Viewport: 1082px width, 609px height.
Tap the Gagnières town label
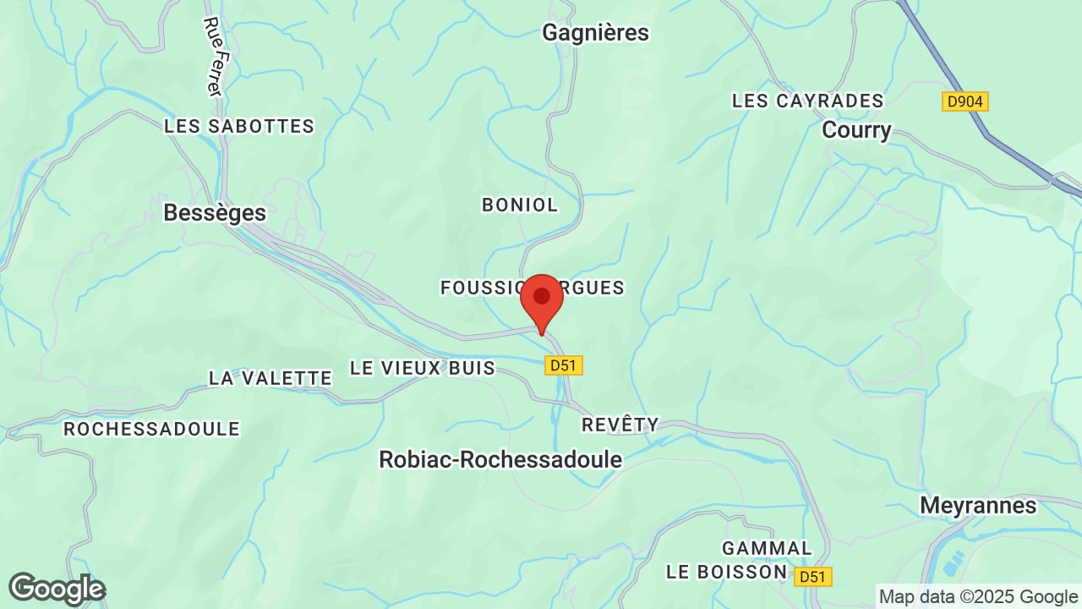595,32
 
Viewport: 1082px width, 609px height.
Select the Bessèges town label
215,212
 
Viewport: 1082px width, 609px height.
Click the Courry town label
856,130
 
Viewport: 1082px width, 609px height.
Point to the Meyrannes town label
978,505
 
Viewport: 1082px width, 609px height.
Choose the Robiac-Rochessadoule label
500,459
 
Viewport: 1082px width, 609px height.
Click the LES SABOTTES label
239,126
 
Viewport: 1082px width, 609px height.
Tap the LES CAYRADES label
807,101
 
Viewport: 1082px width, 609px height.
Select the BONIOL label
520,205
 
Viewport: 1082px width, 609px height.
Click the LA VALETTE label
270,378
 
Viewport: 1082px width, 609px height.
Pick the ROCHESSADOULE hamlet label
152,429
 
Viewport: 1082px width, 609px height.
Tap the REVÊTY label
620,425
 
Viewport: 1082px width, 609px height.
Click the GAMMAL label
767,548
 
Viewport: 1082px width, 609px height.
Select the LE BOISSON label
727,572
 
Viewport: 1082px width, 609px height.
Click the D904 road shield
965,101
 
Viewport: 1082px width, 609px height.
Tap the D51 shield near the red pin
564,365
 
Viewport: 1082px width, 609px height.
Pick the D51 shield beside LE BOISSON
813,577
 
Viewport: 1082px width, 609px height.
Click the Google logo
57,589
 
